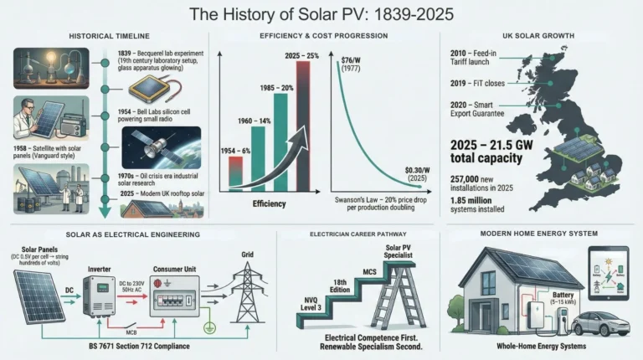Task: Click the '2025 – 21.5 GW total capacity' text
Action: click(491, 148)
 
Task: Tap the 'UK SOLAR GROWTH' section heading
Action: click(540, 38)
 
